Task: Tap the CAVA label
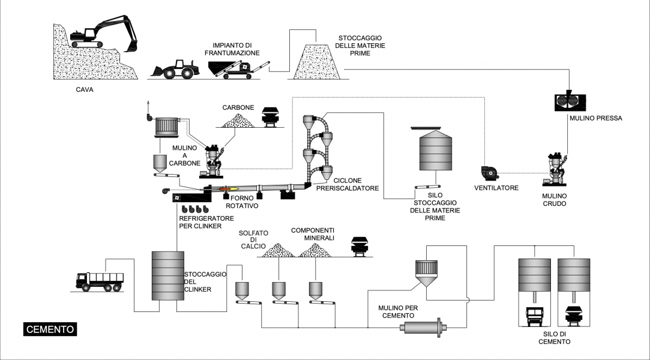84,91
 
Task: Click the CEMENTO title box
50,329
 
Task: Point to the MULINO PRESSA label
595,118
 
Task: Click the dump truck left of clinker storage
97,280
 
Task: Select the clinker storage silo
167,275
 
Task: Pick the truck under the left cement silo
535,316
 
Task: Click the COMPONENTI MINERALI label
313,234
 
